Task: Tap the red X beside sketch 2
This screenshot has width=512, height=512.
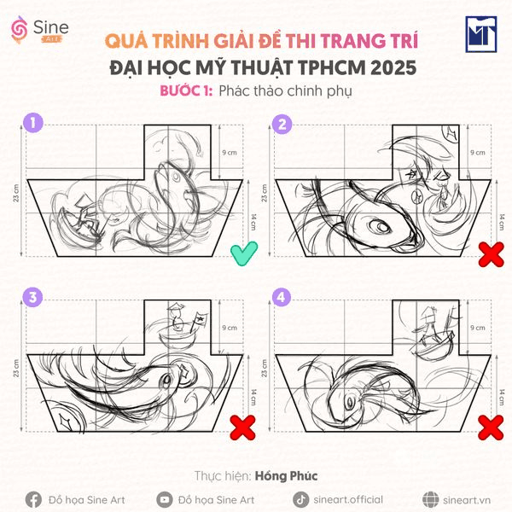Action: coord(489,253)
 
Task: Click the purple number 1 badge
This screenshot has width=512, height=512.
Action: coord(33,124)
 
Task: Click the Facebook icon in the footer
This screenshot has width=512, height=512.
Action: coord(33,499)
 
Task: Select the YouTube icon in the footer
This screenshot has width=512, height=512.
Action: coord(165,499)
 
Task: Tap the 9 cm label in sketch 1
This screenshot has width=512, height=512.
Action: coord(228,152)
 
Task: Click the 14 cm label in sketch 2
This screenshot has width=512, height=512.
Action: coord(479,218)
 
